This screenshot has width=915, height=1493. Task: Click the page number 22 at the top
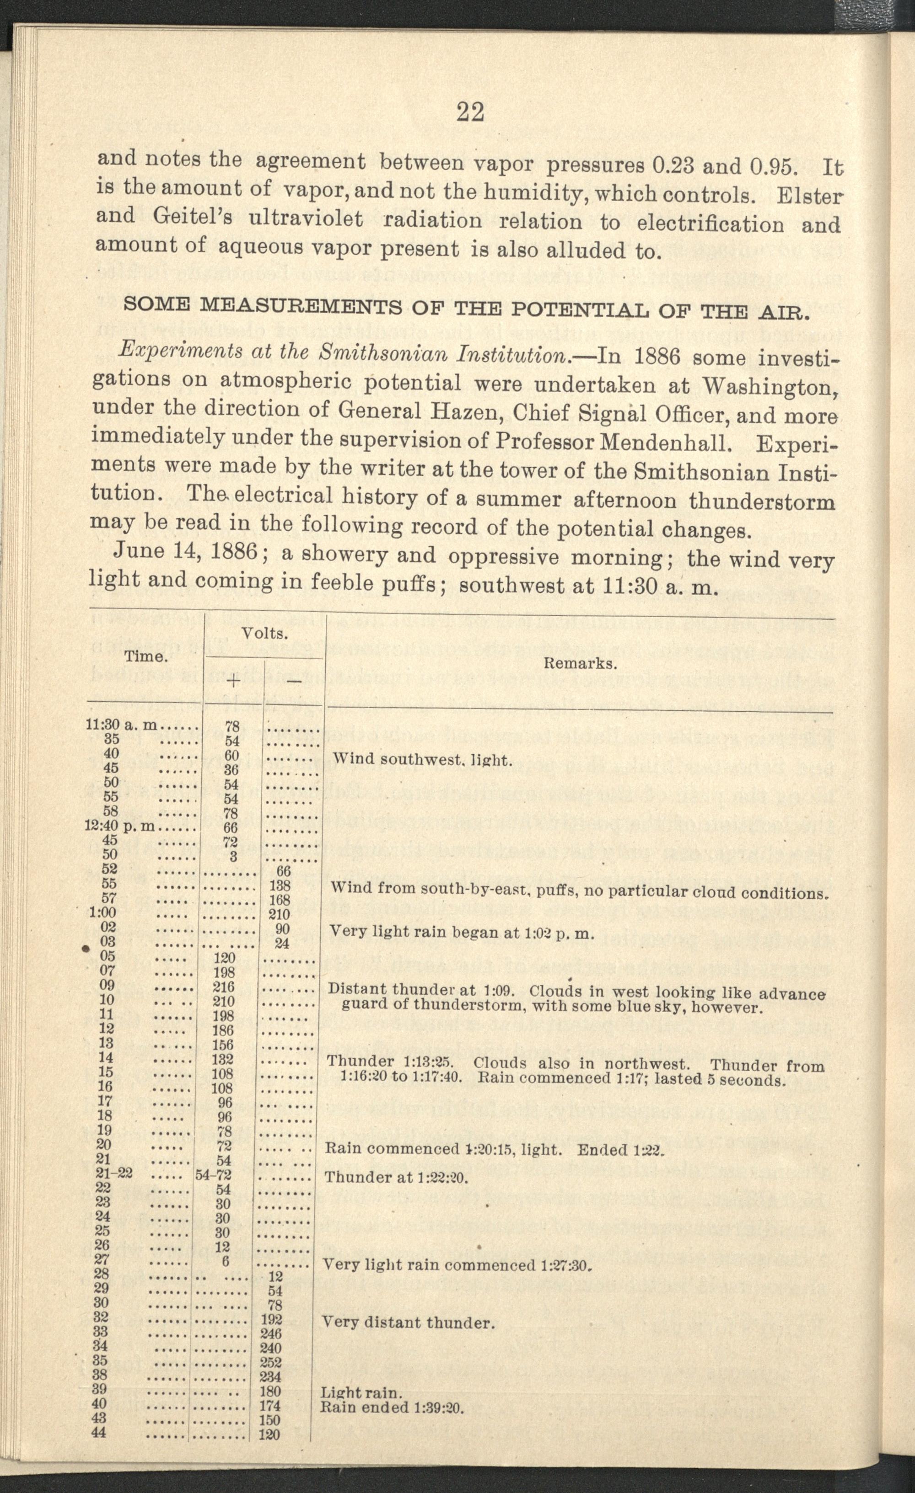470,112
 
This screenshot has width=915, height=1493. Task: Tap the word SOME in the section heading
157,304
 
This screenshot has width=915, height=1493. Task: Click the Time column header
145,656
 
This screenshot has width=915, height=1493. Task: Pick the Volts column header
264,634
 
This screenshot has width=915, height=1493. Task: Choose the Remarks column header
580,663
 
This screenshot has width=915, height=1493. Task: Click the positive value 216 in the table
224,987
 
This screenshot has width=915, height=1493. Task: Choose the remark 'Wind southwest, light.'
421,760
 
